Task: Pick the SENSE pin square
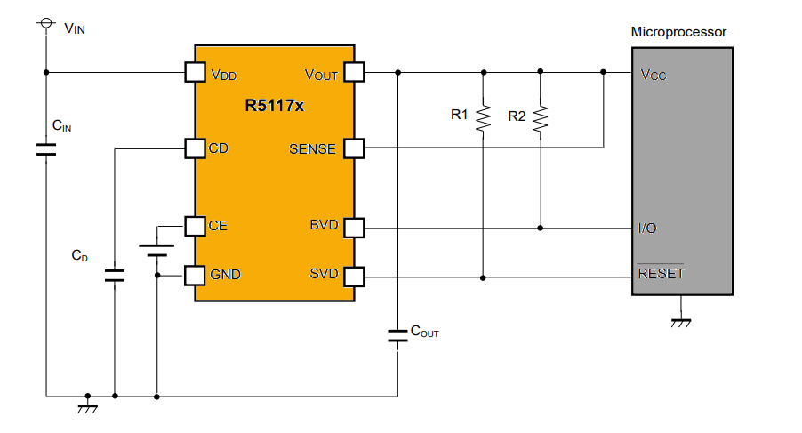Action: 354,148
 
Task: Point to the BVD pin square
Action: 354,227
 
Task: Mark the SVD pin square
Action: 354,277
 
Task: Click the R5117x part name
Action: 275,106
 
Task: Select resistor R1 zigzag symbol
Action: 483,118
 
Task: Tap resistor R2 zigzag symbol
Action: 541,119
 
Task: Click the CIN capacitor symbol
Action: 45,148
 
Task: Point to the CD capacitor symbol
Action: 114,274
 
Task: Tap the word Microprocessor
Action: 678,32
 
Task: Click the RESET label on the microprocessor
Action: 661,274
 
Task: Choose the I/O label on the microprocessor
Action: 648,229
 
